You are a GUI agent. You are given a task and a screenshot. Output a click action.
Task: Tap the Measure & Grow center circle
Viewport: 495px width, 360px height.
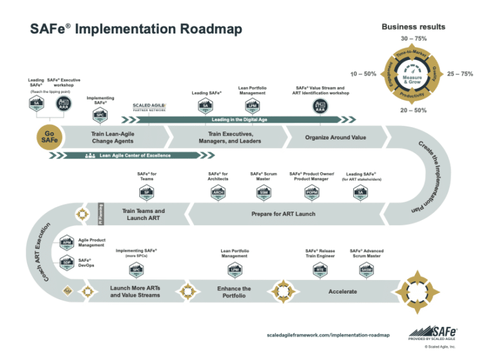click(412, 79)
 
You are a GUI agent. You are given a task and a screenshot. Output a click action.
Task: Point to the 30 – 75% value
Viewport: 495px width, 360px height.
click(413, 39)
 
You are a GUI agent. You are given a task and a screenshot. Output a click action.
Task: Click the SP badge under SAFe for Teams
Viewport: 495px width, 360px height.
click(146, 193)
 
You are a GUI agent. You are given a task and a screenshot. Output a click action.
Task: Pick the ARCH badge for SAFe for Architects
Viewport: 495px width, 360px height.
click(218, 193)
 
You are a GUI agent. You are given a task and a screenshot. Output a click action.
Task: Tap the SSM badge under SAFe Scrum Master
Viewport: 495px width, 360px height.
click(264, 193)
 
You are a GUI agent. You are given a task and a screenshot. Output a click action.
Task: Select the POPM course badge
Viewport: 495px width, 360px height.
click(311, 193)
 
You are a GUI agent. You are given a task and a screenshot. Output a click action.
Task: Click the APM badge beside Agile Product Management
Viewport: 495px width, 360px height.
click(66, 243)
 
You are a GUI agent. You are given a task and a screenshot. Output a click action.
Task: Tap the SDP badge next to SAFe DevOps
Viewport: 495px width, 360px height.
click(66, 263)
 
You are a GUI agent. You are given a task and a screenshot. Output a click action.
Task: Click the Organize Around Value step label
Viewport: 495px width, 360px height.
click(335, 137)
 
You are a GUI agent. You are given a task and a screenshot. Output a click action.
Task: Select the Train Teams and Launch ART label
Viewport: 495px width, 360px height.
click(143, 215)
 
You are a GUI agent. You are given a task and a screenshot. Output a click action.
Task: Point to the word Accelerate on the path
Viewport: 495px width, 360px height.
click(342, 292)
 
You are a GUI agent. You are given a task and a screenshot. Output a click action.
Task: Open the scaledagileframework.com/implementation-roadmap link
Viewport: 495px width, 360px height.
click(328, 335)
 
